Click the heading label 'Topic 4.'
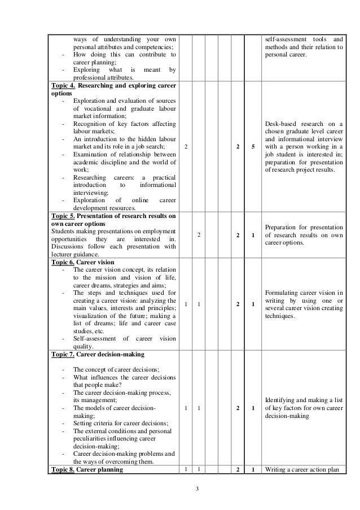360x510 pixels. pos(63,85)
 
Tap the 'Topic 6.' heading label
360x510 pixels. pos(63,262)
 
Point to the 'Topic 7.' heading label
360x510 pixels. pos(63,354)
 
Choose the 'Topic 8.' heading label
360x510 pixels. pos(63,469)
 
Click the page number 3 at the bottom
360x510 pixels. pos(181,489)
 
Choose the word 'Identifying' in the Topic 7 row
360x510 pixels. pos(281,399)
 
